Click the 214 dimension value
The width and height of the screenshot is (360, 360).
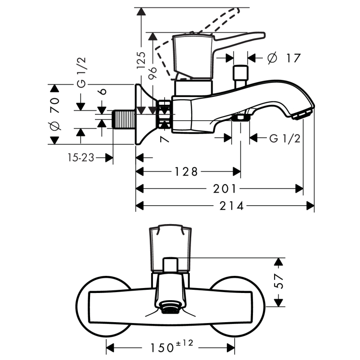click(x=232, y=206)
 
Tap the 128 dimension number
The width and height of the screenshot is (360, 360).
click(x=185, y=171)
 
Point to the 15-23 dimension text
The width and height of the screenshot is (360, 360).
click(x=81, y=157)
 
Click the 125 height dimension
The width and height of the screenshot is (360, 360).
click(x=141, y=59)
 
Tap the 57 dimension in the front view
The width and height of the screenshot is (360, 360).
click(x=279, y=282)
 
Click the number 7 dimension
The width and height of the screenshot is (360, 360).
click(x=165, y=139)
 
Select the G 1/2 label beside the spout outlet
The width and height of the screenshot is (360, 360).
click(x=285, y=138)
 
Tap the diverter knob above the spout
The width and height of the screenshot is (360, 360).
click(x=240, y=74)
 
